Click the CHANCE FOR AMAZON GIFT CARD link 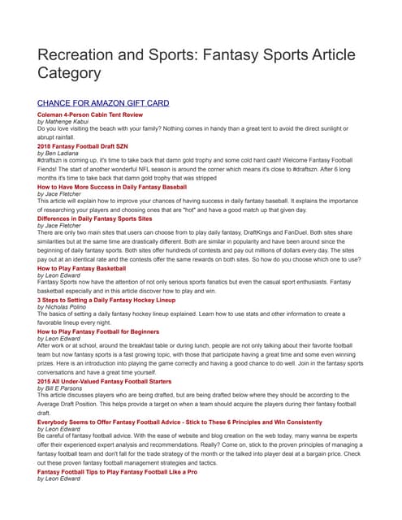(x=103, y=103)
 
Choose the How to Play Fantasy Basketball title (x=82, y=267)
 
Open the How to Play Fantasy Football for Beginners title (x=98, y=331)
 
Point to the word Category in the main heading (x=69, y=73)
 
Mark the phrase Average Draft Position (x=71, y=402)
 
